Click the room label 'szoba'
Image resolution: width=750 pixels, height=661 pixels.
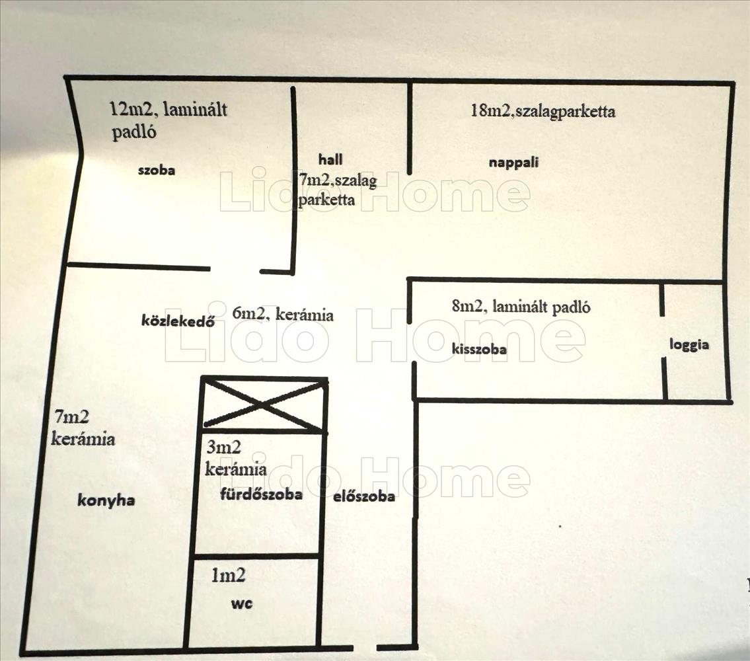pyautogui.click(x=156, y=171)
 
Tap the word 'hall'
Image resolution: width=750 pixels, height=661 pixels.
pyautogui.click(x=330, y=159)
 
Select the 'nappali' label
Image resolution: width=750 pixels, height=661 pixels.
pyautogui.click(x=509, y=162)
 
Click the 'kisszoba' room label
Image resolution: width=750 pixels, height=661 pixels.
pyautogui.click(x=480, y=348)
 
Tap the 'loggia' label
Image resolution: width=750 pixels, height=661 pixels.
pyautogui.click(x=689, y=344)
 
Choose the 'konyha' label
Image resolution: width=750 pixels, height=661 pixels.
pyautogui.click(x=106, y=500)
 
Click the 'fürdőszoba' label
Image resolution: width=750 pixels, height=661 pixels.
pyautogui.click(x=261, y=494)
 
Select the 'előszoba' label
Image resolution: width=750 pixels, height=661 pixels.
pyautogui.click(x=364, y=496)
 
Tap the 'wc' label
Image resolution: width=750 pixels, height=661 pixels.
pyautogui.click(x=241, y=603)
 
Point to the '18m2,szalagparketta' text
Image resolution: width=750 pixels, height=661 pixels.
pyautogui.click(x=543, y=111)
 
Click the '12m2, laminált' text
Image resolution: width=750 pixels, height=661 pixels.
pyautogui.click(x=169, y=109)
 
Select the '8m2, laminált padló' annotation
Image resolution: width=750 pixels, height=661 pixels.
pyautogui.click(x=521, y=307)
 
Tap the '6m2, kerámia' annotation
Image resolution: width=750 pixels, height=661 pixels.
pyautogui.click(x=283, y=314)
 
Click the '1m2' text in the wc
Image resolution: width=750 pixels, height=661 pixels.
pyautogui.click(x=228, y=576)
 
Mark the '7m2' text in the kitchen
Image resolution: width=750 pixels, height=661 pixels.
pyautogui.click(x=71, y=418)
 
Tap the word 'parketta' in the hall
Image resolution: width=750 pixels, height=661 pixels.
pyautogui.click(x=326, y=200)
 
